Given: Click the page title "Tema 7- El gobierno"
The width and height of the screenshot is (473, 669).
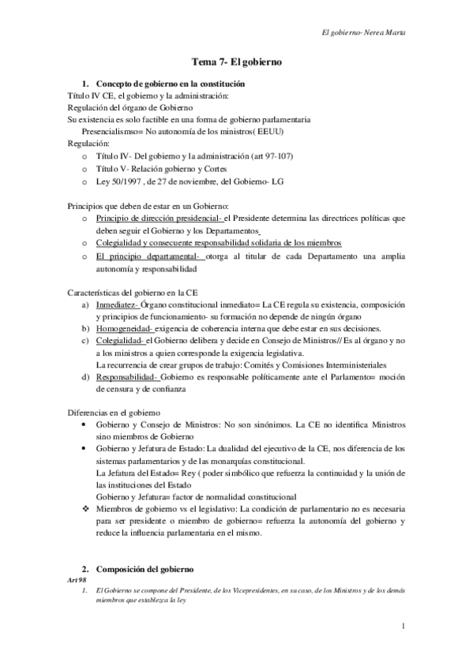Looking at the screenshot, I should tap(238, 61).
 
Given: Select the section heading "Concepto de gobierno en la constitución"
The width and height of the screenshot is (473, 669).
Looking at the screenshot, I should tap(170, 84).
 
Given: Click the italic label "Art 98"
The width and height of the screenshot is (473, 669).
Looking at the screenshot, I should tap(77, 580).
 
